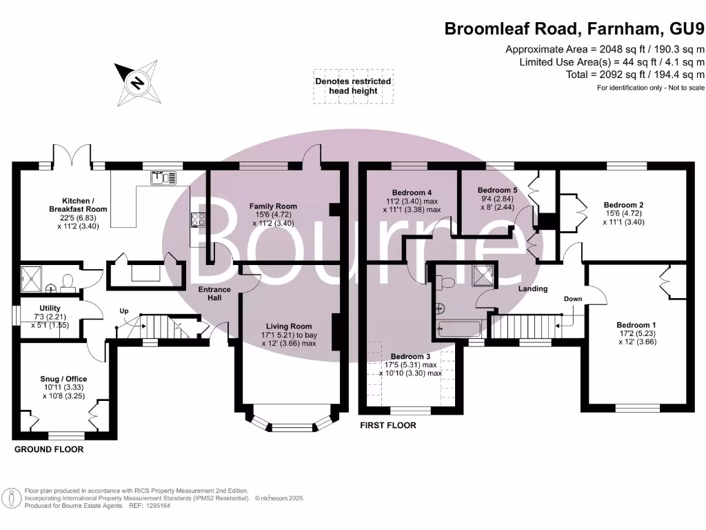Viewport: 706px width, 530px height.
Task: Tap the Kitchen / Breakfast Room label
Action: tap(78, 204)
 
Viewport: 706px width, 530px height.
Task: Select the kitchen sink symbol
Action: tap(160, 178)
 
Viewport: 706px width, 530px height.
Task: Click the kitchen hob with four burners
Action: tap(198, 219)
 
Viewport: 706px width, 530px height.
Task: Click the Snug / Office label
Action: tap(64, 379)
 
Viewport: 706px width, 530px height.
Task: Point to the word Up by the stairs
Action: tap(124, 311)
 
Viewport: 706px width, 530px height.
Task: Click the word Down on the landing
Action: tap(572, 299)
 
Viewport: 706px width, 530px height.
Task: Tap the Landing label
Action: tap(533, 288)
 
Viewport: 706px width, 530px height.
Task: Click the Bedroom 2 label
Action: tap(623, 205)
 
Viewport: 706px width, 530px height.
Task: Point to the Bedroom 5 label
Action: tap(497, 190)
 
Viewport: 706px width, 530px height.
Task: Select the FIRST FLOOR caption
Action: tap(388, 426)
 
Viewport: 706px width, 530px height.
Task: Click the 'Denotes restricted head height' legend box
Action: tap(353, 86)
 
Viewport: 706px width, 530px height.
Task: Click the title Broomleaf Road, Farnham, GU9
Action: tap(574, 28)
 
